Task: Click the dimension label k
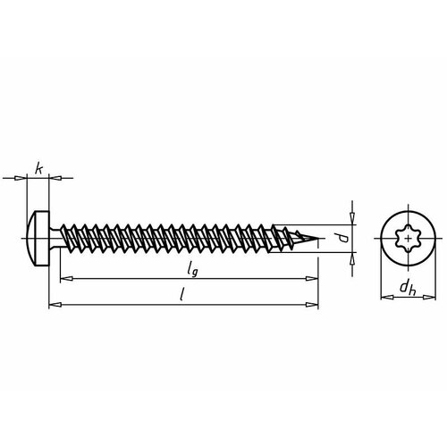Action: tap(38, 166)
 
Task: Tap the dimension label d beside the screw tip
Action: tap(341, 236)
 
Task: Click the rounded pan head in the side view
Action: tap(38, 238)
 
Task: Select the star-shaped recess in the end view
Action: tap(407, 238)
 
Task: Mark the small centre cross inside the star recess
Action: tap(407, 238)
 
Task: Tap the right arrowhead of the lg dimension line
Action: tap(313, 281)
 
